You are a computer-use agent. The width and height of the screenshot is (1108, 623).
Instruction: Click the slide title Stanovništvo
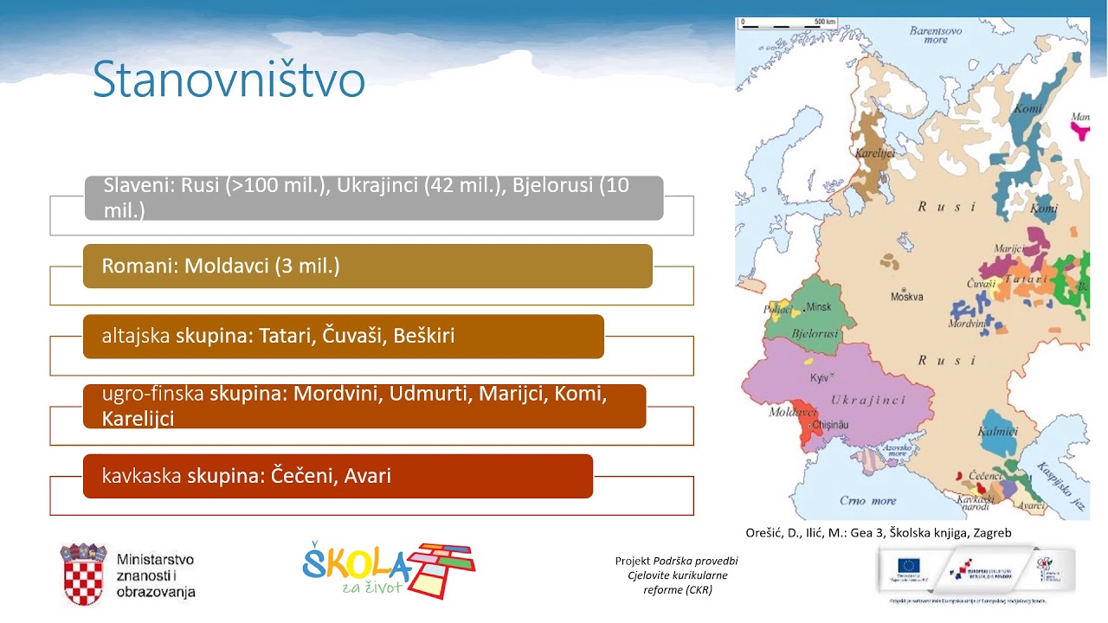229,80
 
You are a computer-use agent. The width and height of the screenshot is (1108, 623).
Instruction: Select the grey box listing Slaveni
374,197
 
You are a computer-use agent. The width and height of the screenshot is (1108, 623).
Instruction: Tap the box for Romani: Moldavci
367,266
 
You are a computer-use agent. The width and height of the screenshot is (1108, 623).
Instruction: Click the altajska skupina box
343,336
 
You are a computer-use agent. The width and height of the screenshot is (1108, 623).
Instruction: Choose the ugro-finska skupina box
364,406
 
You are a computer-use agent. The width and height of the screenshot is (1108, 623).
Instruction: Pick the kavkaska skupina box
338,476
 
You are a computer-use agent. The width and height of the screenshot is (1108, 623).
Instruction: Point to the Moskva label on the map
908,297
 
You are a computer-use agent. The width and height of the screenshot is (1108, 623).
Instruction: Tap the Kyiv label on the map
819,378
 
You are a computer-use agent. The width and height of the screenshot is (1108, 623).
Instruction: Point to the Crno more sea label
868,500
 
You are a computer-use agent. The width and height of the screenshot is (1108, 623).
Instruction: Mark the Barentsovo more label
935,35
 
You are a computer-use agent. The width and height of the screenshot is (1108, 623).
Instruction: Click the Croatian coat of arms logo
83,574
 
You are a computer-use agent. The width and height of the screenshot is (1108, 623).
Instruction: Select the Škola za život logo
389,571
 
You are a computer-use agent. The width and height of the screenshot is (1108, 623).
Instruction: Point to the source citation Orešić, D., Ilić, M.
878,533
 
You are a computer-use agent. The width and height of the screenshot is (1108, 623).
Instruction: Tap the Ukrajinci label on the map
867,400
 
